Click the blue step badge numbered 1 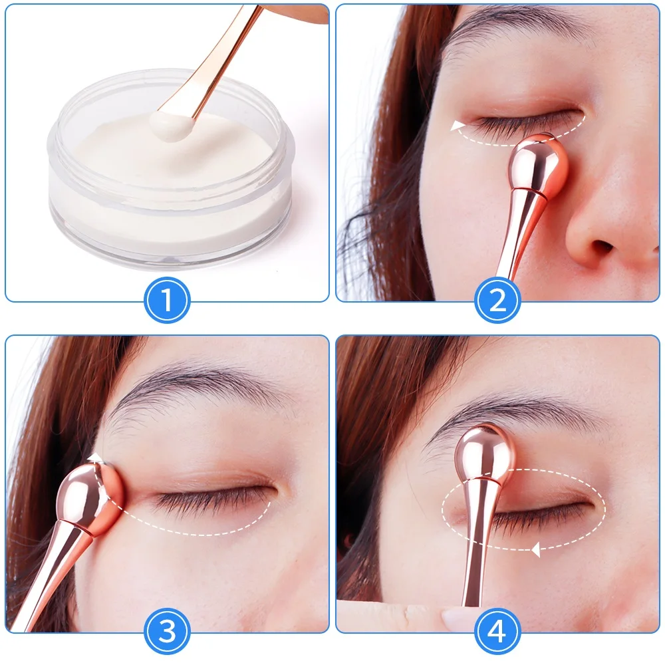(167, 301)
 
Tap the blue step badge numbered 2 (497, 301)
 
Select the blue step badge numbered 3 (167, 631)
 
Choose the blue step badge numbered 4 (497, 631)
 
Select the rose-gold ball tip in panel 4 (485, 453)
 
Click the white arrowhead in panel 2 (457, 126)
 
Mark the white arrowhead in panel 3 (96, 458)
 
